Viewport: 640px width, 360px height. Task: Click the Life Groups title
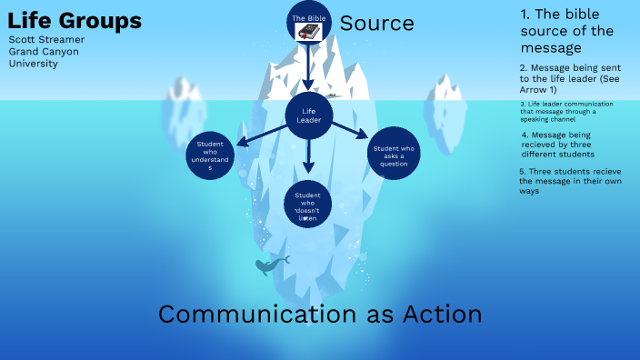(x=75, y=21)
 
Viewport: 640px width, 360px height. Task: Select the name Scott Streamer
(x=46, y=40)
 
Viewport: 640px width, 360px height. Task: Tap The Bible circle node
(x=309, y=25)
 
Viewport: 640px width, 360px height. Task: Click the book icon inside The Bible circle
(x=310, y=32)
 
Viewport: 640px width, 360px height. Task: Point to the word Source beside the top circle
(x=376, y=23)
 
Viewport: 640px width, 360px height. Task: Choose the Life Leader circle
(x=309, y=115)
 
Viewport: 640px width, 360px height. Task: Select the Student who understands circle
(x=210, y=155)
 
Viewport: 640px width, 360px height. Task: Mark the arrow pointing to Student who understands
(x=258, y=135)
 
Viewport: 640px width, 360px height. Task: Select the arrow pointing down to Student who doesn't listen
(x=309, y=156)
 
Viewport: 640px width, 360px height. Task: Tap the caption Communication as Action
(x=319, y=315)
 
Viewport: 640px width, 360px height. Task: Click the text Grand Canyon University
(x=43, y=57)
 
